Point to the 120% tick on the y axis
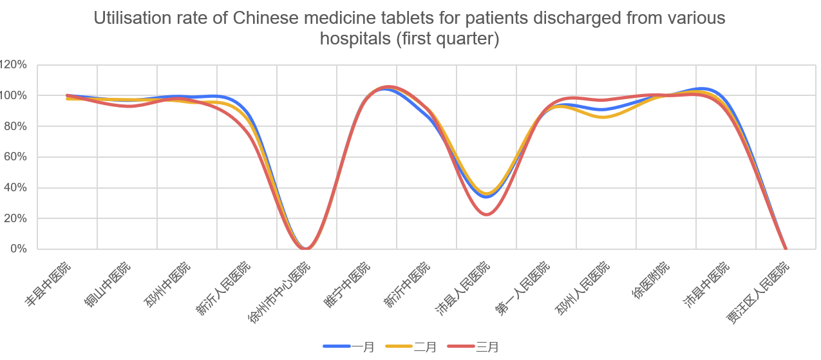(x=14, y=64)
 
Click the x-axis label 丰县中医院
(x=49, y=283)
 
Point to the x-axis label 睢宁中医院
(x=348, y=283)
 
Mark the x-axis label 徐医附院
(x=652, y=279)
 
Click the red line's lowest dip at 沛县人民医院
(x=487, y=214)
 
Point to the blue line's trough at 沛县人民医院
(x=486, y=197)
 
